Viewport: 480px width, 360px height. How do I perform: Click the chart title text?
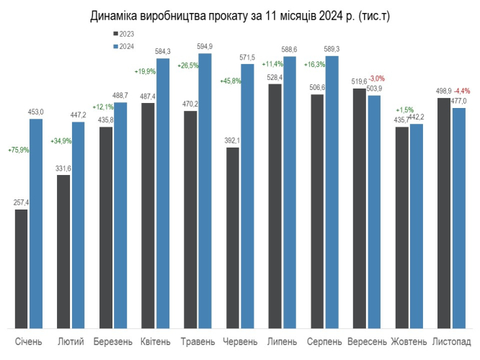240,15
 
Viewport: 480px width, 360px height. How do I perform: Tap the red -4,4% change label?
462,91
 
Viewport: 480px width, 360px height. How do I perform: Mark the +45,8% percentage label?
230,81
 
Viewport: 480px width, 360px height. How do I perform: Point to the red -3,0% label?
377,78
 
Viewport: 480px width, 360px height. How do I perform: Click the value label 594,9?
205,47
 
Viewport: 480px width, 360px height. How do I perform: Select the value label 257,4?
21,203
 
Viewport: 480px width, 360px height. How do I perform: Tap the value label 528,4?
275,78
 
